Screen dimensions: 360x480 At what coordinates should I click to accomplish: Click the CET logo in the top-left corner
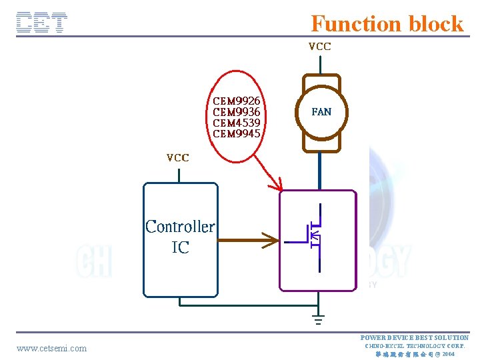[42, 23]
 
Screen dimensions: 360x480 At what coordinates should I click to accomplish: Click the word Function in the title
[350, 24]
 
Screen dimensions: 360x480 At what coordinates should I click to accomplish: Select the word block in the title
[436, 24]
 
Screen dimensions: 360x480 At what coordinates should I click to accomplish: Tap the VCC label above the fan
[319, 47]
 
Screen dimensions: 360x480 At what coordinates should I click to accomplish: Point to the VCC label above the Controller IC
[178, 158]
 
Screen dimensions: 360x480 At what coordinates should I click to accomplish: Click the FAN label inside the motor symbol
[321, 112]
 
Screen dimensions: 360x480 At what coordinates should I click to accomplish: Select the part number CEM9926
[237, 101]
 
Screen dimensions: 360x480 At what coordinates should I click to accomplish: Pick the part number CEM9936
[237, 112]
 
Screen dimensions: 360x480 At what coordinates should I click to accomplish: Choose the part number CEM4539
[237, 123]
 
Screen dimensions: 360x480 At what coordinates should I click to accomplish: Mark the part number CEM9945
[237, 133]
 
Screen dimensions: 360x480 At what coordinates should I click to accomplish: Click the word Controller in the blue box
[180, 227]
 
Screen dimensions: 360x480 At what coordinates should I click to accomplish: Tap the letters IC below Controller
[180, 248]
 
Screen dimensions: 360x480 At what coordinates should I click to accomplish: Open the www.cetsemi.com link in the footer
[51, 348]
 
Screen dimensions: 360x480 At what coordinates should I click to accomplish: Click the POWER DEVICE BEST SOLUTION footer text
[415, 337]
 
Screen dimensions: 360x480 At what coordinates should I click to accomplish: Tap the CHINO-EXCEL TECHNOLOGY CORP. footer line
[415, 345]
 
